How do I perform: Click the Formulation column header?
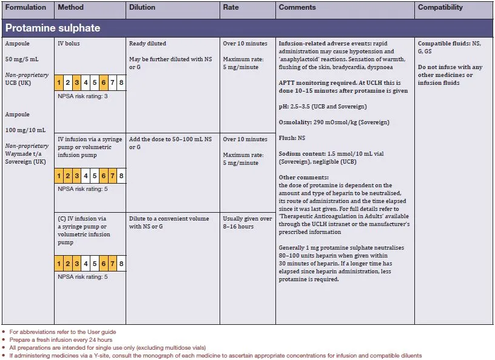click(x=25, y=8)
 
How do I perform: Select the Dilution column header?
click(x=142, y=8)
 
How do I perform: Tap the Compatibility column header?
click(x=440, y=8)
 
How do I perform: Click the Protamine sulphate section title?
click(x=53, y=28)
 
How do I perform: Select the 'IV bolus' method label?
click(x=69, y=44)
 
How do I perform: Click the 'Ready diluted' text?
click(x=147, y=44)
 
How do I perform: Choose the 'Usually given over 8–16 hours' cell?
click(x=247, y=222)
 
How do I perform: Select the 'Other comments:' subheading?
click(x=303, y=178)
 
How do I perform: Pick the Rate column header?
click(x=231, y=8)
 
